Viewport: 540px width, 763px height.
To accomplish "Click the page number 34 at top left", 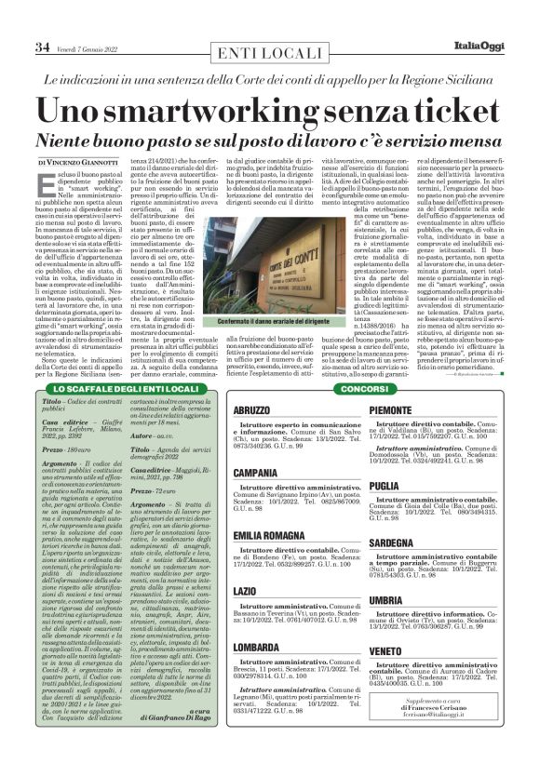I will pos(16,47).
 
